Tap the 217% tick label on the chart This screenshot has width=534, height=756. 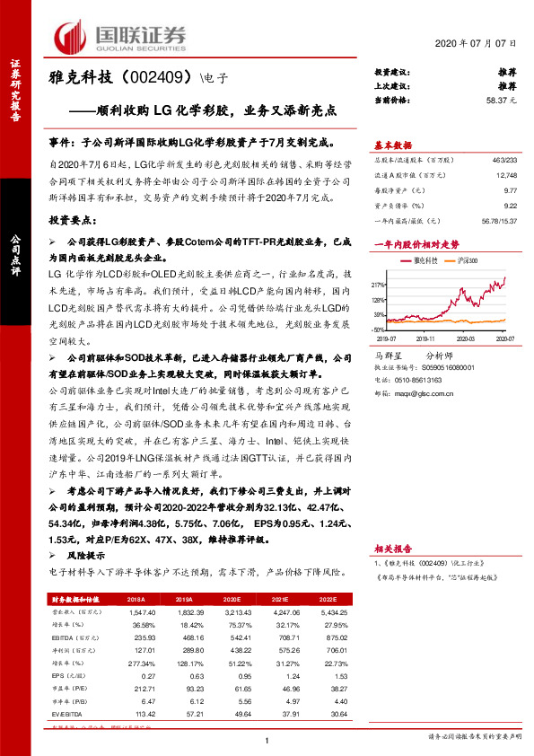pos(380,284)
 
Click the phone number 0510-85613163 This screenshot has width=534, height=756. pos(420,380)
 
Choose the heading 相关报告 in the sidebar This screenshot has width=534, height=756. pos(392,548)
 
